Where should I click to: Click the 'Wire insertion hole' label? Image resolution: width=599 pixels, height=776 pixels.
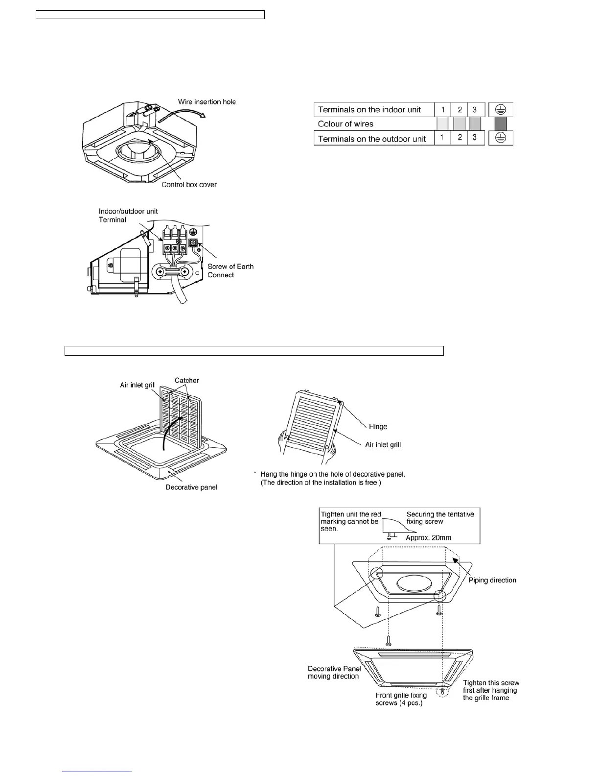(207, 102)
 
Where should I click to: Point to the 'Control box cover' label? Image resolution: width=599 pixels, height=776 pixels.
(189, 185)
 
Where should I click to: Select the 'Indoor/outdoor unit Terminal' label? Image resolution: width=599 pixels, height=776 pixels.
(128, 216)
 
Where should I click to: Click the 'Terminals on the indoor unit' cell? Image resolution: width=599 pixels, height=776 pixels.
(369, 110)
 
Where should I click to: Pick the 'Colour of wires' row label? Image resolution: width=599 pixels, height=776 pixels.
(346, 124)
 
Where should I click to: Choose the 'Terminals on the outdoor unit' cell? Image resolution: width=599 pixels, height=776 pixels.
(372, 139)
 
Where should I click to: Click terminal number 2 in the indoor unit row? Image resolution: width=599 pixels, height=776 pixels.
(460, 110)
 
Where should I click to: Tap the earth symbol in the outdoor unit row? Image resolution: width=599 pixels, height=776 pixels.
(501, 139)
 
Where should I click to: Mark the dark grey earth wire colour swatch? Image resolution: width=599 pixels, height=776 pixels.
(501, 124)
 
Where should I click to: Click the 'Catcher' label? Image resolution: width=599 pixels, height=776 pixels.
(187, 380)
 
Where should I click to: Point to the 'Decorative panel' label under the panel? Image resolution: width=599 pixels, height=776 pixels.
(191, 487)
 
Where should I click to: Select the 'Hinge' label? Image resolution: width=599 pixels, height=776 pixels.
(378, 426)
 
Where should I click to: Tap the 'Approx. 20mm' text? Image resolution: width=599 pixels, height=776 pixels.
(428, 537)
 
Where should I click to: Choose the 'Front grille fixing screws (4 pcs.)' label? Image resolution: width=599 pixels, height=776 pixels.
(401, 699)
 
